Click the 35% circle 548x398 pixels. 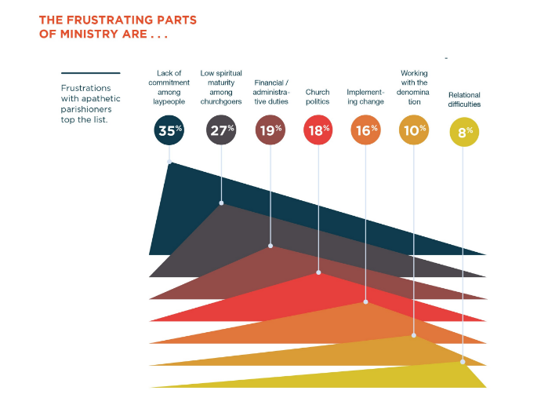pos(169,131)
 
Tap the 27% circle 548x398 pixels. pos(221,131)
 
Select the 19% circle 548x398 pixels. pos(270,131)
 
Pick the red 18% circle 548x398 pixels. pos(318,131)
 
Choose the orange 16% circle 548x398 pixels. pos(366,131)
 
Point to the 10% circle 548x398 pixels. pos(414,131)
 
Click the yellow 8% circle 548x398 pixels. pos(463,132)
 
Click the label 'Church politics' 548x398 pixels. pos(318,97)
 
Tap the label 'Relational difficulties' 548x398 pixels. pos(464,99)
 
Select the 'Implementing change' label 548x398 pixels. pos(365,97)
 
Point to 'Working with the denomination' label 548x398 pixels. pos(414,87)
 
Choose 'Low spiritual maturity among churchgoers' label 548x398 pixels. pos(221,87)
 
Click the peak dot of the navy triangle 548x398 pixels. pos(170,162)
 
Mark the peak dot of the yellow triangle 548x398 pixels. pos(463,362)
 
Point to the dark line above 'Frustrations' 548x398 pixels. pos(90,72)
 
